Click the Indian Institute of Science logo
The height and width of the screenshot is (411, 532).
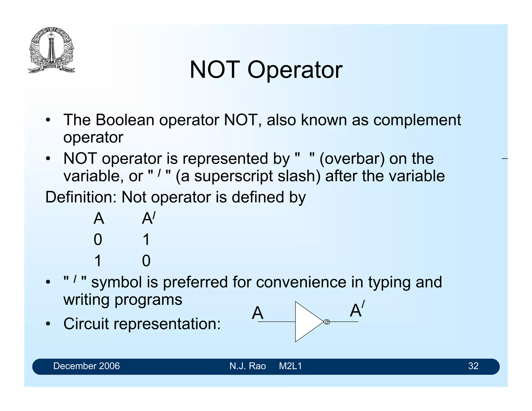[x=51, y=50]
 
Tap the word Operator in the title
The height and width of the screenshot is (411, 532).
[x=295, y=70]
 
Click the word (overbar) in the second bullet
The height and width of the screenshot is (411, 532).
[x=352, y=159]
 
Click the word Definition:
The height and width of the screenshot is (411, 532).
[x=81, y=197]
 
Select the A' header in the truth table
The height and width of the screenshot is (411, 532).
[x=148, y=218]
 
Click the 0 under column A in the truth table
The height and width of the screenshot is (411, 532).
[x=98, y=239]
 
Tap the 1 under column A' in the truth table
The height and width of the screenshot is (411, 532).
[x=146, y=239]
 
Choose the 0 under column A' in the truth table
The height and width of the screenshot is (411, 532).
[x=146, y=261]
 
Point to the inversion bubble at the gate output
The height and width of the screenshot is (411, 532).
[x=327, y=322]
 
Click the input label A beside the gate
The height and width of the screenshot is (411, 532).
[x=257, y=313]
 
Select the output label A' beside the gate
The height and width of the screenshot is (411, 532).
[x=357, y=310]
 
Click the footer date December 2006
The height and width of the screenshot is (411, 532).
[x=87, y=366]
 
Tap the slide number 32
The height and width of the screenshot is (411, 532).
[x=473, y=366]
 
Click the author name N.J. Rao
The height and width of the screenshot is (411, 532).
[x=248, y=366]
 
